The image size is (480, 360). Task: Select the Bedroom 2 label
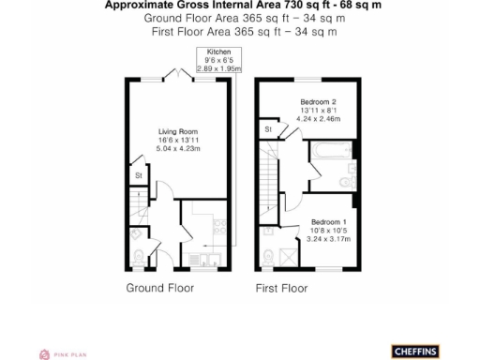pos(317,101)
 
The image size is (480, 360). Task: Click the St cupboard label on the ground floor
pos(139,175)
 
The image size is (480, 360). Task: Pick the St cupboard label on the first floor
pos(268,128)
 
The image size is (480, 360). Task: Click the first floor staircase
pos(269,183)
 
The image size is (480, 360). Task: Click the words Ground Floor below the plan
pos(160,288)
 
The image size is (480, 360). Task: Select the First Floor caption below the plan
pos(281,288)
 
